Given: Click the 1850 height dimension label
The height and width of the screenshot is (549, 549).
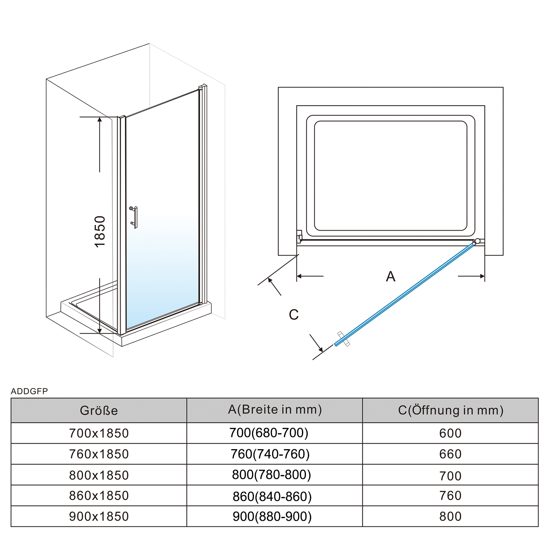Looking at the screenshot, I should click(100, 232).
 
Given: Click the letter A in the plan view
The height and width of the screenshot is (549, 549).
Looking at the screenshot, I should click(390, 276).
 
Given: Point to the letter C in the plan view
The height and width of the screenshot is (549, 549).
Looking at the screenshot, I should click(294, 315).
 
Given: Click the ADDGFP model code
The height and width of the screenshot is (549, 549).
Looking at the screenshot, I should click(30, 391).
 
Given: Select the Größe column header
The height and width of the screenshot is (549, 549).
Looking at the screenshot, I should click(99, 410).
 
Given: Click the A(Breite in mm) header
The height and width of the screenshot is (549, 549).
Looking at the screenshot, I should click(275, 410).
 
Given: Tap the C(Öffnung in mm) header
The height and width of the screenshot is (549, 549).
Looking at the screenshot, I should click(451, 410).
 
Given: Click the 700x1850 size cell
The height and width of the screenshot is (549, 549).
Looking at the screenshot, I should click(99, 433).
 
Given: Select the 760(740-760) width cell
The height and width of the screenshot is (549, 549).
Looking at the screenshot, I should click(270, 454).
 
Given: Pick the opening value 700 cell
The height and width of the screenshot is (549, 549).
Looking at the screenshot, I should click(451, 476).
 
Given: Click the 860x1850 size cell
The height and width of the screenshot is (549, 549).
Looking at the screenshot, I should click(99, 496).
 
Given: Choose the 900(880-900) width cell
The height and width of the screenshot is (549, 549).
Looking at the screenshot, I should click(272, 516).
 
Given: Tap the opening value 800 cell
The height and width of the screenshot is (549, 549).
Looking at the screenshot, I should click(451, 516).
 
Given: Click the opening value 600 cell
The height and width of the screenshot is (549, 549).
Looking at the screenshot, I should click(451, 433).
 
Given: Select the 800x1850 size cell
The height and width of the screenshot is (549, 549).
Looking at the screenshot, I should click(99, 475).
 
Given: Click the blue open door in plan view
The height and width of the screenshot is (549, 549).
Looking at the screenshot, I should click(405, 294).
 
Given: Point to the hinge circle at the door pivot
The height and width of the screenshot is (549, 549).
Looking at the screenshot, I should click(477, 241).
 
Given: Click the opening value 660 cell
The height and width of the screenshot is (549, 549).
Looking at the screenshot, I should click(451, 454).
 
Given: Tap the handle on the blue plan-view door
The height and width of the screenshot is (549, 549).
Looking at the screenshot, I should click(343, 339).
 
